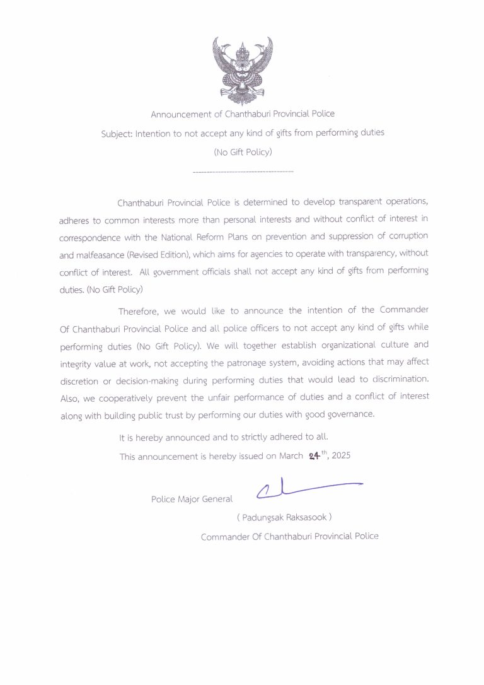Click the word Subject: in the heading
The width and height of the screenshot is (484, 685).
point(117,133)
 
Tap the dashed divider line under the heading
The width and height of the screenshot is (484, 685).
point(242,172)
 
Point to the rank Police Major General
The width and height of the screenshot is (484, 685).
point(192,499)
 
